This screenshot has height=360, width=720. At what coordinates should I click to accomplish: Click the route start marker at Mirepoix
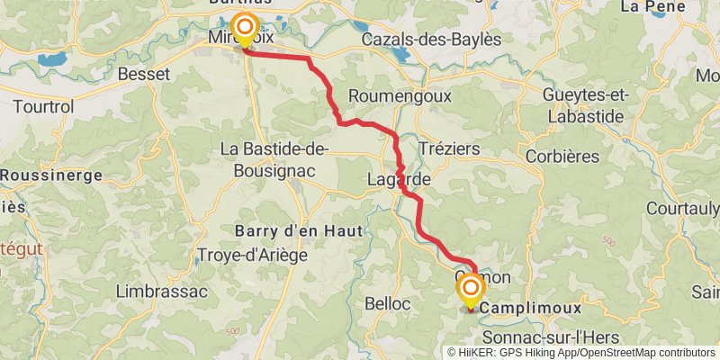(244, 27)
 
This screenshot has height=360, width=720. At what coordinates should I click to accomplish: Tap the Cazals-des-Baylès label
(430, 40)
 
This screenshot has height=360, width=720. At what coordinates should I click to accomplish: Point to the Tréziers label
(449, 148)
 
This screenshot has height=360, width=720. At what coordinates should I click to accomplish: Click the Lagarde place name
(399, 180)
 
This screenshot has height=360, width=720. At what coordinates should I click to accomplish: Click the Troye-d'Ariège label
(252, 255)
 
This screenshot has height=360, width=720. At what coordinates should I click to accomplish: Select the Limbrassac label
(162, 292)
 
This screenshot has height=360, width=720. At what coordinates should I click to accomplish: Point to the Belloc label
(387, 303)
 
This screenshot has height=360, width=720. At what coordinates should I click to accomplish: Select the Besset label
(143, 75)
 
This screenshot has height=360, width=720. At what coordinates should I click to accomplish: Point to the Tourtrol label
(43, 106)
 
